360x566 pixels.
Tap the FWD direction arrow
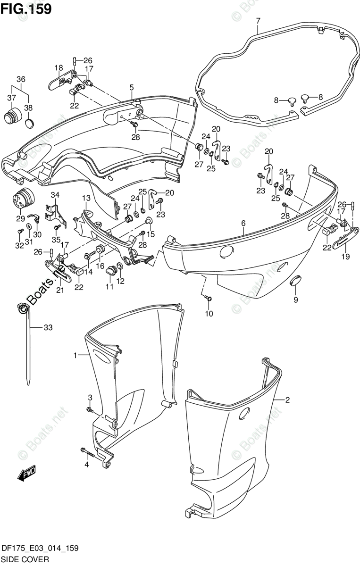click(27, 474)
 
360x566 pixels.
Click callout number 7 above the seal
click(258, 21)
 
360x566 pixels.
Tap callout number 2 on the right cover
click(287, 400)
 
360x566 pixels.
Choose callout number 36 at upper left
click(21, 79)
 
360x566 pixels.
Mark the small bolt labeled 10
click(209, 298)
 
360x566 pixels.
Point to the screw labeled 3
click(89, 410)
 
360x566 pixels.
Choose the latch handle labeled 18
click(58, 83)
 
